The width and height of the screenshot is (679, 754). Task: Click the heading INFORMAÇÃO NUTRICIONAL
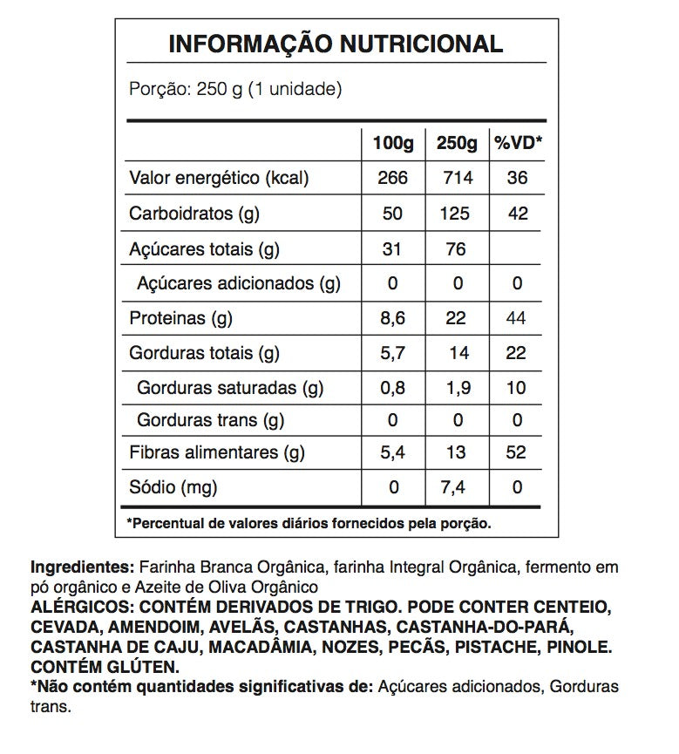point(336,44)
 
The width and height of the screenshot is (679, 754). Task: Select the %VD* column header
point(518,142)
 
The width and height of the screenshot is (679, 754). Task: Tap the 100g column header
point(392,142)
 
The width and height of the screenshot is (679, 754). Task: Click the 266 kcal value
point(392,178)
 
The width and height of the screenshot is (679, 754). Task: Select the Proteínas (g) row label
point(180,319)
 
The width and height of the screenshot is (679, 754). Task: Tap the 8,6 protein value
point(392,319)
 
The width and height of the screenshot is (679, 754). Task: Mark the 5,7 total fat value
point(392,353)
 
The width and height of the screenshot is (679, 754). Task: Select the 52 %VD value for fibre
point(518,452)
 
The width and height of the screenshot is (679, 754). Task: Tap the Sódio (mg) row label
point(173,486)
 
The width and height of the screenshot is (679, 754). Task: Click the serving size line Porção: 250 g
point(234,89)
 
